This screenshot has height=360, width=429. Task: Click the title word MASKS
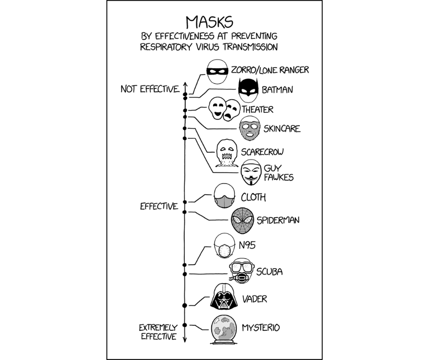[x=209, y=22]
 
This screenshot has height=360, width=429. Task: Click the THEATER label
[x=257, y=110]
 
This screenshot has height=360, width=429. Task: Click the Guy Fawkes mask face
[x=251, y=172]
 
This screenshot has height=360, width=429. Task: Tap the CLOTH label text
[x=253, y=197]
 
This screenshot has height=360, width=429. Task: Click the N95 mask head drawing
[x=225, y=247]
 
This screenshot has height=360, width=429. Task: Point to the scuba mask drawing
[x=241, y=271]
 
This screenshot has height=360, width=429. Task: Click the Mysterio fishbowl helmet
[x=224, y=328]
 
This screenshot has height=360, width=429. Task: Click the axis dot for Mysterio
[x=185, y=325]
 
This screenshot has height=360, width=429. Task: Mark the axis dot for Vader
[x=185, y=305]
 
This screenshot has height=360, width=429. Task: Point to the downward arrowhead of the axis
[x=185, y=339]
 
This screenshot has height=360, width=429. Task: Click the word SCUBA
[x=269, y=272]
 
